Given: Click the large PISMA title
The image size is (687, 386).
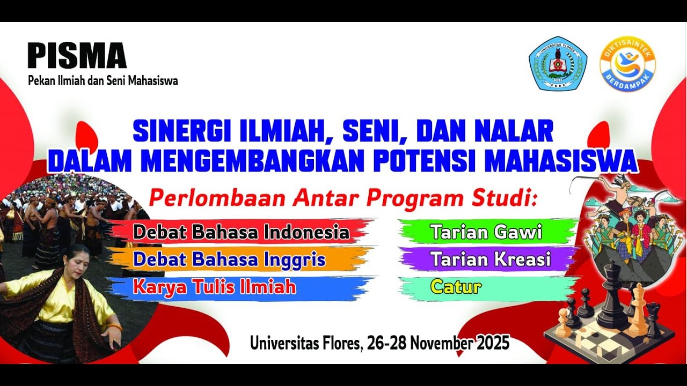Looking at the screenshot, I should click(x=77, y=56).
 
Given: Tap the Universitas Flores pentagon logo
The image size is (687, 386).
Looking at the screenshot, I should click(x=558, y=63).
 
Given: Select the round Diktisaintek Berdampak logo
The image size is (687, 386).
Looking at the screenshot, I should click(x=627, y=64).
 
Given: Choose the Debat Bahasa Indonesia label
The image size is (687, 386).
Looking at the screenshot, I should click(x=241, y=232).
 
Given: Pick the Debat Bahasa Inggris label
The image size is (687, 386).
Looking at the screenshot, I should click(x=229, y=259).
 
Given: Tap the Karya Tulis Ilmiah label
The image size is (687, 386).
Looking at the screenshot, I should click(x=214, y=287).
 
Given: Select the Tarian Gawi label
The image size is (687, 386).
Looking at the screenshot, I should click(x=486, y=232).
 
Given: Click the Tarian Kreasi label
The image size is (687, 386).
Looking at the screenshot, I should click(x=491, y=259).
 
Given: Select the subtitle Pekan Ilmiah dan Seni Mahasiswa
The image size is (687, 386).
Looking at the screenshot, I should click(x=103, y=81).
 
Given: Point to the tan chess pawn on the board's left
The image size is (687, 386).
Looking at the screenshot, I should click(x=564, y=323).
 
